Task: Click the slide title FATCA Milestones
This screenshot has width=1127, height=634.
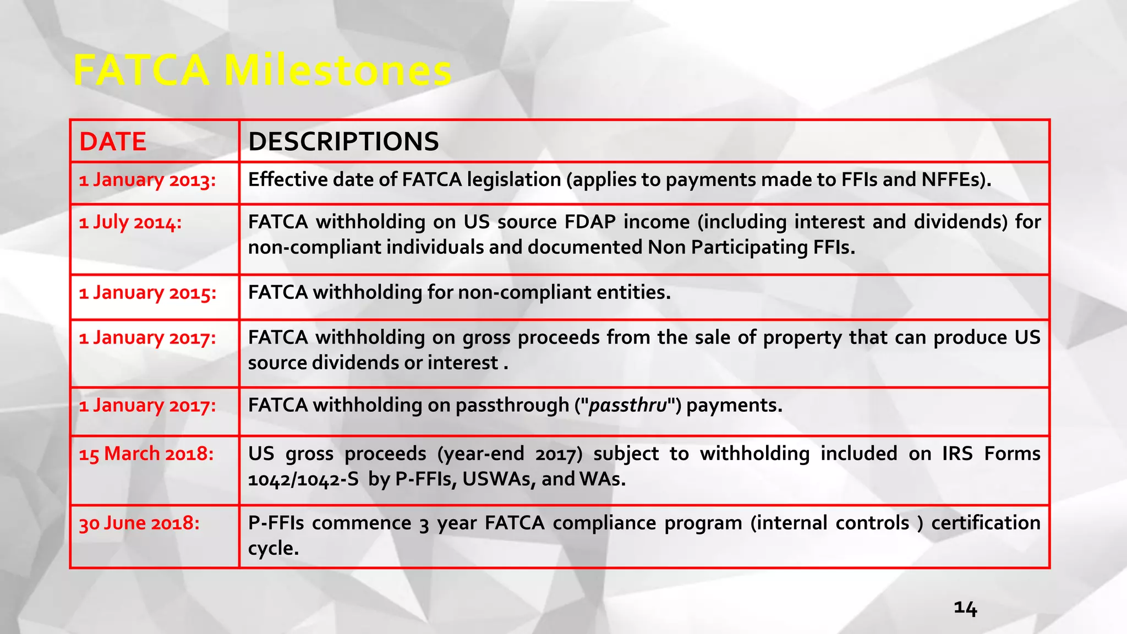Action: [262, 70]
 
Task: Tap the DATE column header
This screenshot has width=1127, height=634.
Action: [113, 141]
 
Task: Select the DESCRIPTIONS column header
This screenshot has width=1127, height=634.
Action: [343, 141]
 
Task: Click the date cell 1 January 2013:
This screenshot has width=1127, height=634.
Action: [147, 180]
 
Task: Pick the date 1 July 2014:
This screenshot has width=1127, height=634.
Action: [130, 222]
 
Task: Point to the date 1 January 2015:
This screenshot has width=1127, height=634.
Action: [147, 293]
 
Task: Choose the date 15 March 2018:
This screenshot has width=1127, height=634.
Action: [146, 453]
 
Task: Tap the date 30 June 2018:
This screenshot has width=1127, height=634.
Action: [139, 523]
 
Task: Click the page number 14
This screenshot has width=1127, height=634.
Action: [965, 608]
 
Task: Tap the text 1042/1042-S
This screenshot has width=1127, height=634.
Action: [303, 479]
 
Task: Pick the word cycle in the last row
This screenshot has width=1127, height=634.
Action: [272, 548]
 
